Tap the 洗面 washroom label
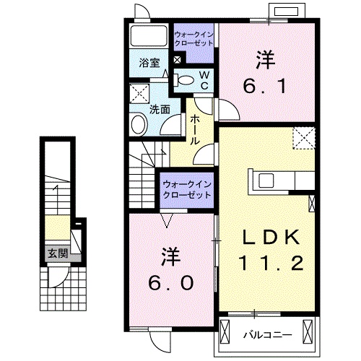click(160, 110)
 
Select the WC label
click(204, 79)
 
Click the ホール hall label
click(194, 132)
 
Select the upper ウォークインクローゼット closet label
click(193, 36)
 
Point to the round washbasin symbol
click(139, 126)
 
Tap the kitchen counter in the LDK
click(280, 180)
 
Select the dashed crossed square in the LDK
click(303, 138)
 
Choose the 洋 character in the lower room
click(170, 255)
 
